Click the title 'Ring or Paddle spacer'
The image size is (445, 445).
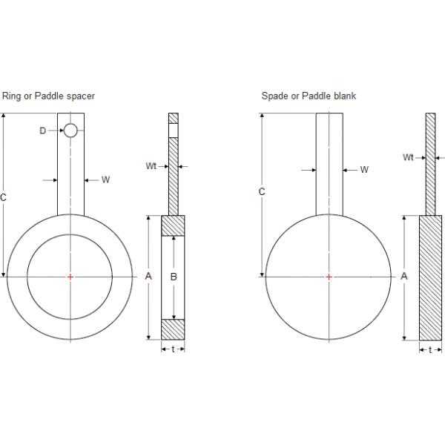49,96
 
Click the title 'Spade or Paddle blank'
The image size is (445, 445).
309,96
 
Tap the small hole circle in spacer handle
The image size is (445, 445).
70,131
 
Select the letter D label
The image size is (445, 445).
43,131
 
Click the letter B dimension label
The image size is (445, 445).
173,277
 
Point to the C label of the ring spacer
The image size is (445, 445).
4,197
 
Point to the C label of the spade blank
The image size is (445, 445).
261,191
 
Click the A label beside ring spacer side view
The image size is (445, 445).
148,277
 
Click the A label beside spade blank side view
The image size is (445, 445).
404,276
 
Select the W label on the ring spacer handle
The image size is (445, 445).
105,179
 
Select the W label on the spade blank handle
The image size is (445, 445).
364,170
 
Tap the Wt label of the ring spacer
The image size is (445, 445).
151,166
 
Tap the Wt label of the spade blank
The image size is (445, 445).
408,157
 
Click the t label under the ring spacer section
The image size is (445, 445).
173,349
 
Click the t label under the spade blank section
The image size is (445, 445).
430,349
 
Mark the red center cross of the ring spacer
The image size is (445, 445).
70,277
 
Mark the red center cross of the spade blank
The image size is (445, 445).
329,277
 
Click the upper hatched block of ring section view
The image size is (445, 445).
173,225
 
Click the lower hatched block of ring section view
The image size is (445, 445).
173,329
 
